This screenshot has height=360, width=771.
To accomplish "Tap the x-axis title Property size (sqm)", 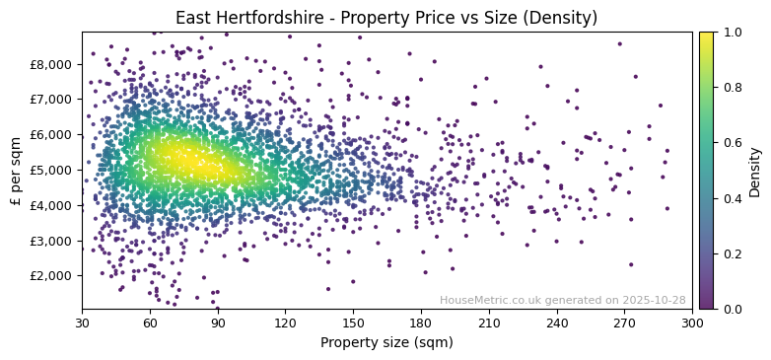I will tap(386, 343).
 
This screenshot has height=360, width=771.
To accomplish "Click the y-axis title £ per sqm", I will tap(16, 170).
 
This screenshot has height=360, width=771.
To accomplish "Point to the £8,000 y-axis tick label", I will tap(51, 64).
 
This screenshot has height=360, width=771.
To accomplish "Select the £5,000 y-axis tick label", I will tap(51, 170).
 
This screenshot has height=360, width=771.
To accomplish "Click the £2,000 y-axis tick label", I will tap(51, 275).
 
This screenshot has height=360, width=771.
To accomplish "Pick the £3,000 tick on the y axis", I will tap(51, 240).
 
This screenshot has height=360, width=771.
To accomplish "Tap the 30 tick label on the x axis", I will tap(82, 323).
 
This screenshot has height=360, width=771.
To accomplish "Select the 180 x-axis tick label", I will tap(421, 323).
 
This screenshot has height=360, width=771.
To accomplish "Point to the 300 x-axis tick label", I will tap(692, 323).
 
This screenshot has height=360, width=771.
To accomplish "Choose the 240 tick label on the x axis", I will tap(557, 323).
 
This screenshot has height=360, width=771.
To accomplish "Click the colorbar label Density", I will tap(754, 170).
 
